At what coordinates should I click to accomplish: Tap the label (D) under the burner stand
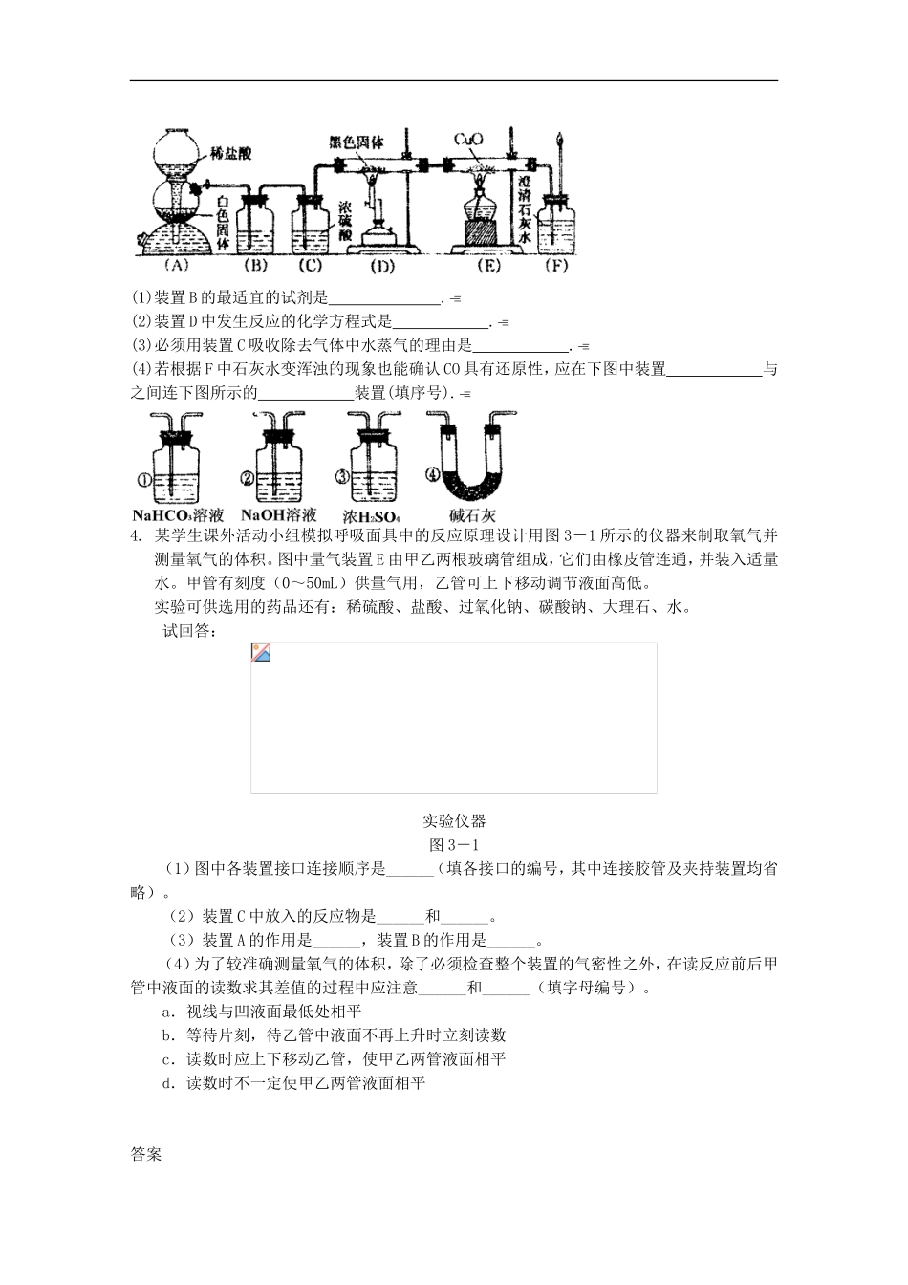[x=382, y=265]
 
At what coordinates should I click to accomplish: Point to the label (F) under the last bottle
[x=556, y=265]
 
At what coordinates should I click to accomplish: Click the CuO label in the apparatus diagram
[x=468, y=140]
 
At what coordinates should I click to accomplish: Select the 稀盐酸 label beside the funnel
[x=233, y=151]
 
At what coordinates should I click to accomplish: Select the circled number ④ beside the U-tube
[x=433, y=473]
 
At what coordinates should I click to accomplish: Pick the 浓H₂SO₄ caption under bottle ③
[x=372, y=514]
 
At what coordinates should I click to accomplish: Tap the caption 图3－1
[x=454, y=844]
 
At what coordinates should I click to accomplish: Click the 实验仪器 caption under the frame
[x=454, y=820]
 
